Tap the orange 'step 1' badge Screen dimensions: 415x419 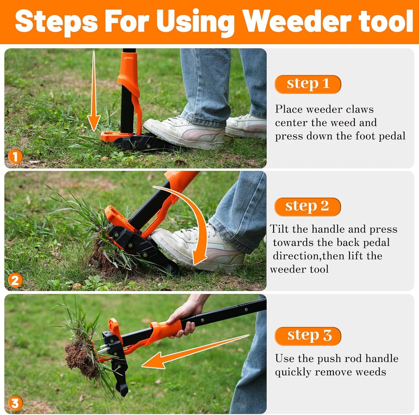tap(308, 84)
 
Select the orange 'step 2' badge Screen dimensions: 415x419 tap(307, 207)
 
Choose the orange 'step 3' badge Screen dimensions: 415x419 tap(308, 336)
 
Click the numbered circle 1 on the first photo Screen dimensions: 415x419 tap(15, 157)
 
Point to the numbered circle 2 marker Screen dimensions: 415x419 tap(15, 280)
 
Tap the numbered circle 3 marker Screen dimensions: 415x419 tap(15, 403)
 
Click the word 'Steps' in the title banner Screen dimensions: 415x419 tap(57, 22)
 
